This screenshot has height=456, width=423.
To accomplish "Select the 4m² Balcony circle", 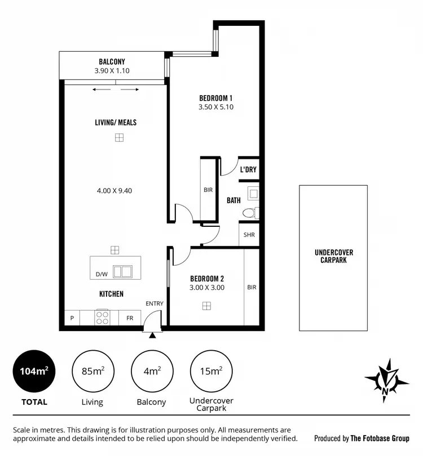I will [x=151, y=371].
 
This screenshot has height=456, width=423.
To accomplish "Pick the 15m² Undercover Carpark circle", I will [x=211, y=371].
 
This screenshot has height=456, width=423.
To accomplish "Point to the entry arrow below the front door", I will [x=152, y=336].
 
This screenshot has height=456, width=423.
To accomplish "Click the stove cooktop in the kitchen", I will [x=102, y=318].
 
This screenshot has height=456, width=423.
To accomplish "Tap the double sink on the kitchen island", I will [x=122, y=272].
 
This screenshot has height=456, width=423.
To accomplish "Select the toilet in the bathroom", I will [x=249, y=213].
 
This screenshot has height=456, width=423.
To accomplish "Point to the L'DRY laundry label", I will [x=248, y=169].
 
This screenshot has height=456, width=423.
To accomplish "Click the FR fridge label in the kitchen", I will [x=130, y=318].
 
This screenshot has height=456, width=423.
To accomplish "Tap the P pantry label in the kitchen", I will [x=72, y=318].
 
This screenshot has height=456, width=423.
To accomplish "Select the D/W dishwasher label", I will [x=102, y=275].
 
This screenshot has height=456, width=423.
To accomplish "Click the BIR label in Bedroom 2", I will [x=252, y=287].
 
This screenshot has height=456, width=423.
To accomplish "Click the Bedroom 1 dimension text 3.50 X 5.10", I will [x=216, y=107].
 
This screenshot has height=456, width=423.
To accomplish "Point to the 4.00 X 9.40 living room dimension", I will [x=114, y=191].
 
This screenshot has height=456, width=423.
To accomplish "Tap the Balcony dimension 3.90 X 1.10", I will [x=112, y=71].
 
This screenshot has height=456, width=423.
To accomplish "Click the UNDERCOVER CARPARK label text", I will [x=334, y=256].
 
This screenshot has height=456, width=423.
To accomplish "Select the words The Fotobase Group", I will [x=380, y=439].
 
